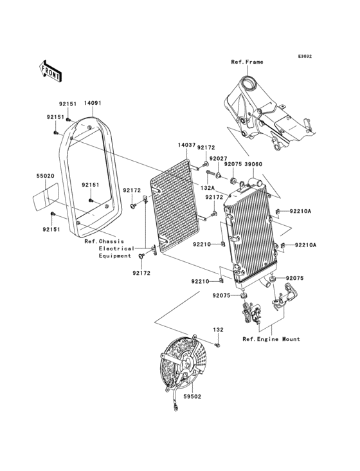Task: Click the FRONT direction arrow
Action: pyautogui.click(x=51, y=70)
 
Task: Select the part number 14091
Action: pyautogui.click(x=93, y=103)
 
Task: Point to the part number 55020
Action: pyautogui.click(x=44, y=174)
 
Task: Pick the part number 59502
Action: pyautogui.click(x=192, y=397)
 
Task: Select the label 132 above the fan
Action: pyautogui.click(x=218, y=329)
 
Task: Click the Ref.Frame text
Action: pyautogui.click(x=248, y=62)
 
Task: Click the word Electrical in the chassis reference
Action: pyautogui.click(x=116, y=248)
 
